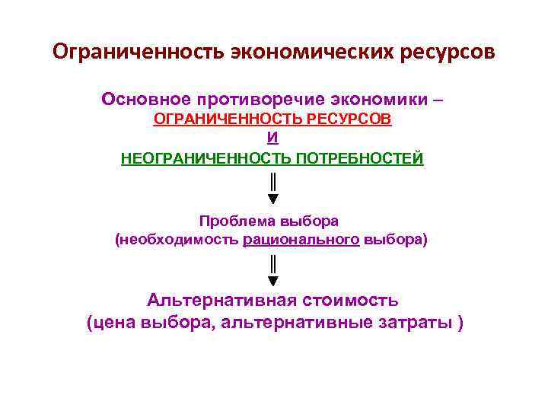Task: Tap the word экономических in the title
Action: [304, 53]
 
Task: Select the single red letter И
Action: [272, 139]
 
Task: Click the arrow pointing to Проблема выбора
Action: [272, 190]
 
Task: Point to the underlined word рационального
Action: [301, 241]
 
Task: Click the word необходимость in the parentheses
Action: [179, 241]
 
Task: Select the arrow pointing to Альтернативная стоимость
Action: [272, 272]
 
